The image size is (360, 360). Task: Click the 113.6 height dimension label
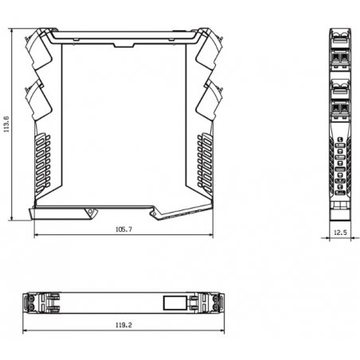[6, 124]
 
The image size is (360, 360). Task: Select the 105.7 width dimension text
[123, 229]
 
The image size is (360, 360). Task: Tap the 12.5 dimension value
[340, 233]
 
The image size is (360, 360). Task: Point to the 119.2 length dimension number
[123, 325]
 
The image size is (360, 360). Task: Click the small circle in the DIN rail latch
[90, 212]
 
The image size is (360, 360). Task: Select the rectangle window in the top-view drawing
[175, 303]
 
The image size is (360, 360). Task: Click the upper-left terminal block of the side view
[38, 49]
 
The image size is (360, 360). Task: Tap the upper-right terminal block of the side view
[209, 49]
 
